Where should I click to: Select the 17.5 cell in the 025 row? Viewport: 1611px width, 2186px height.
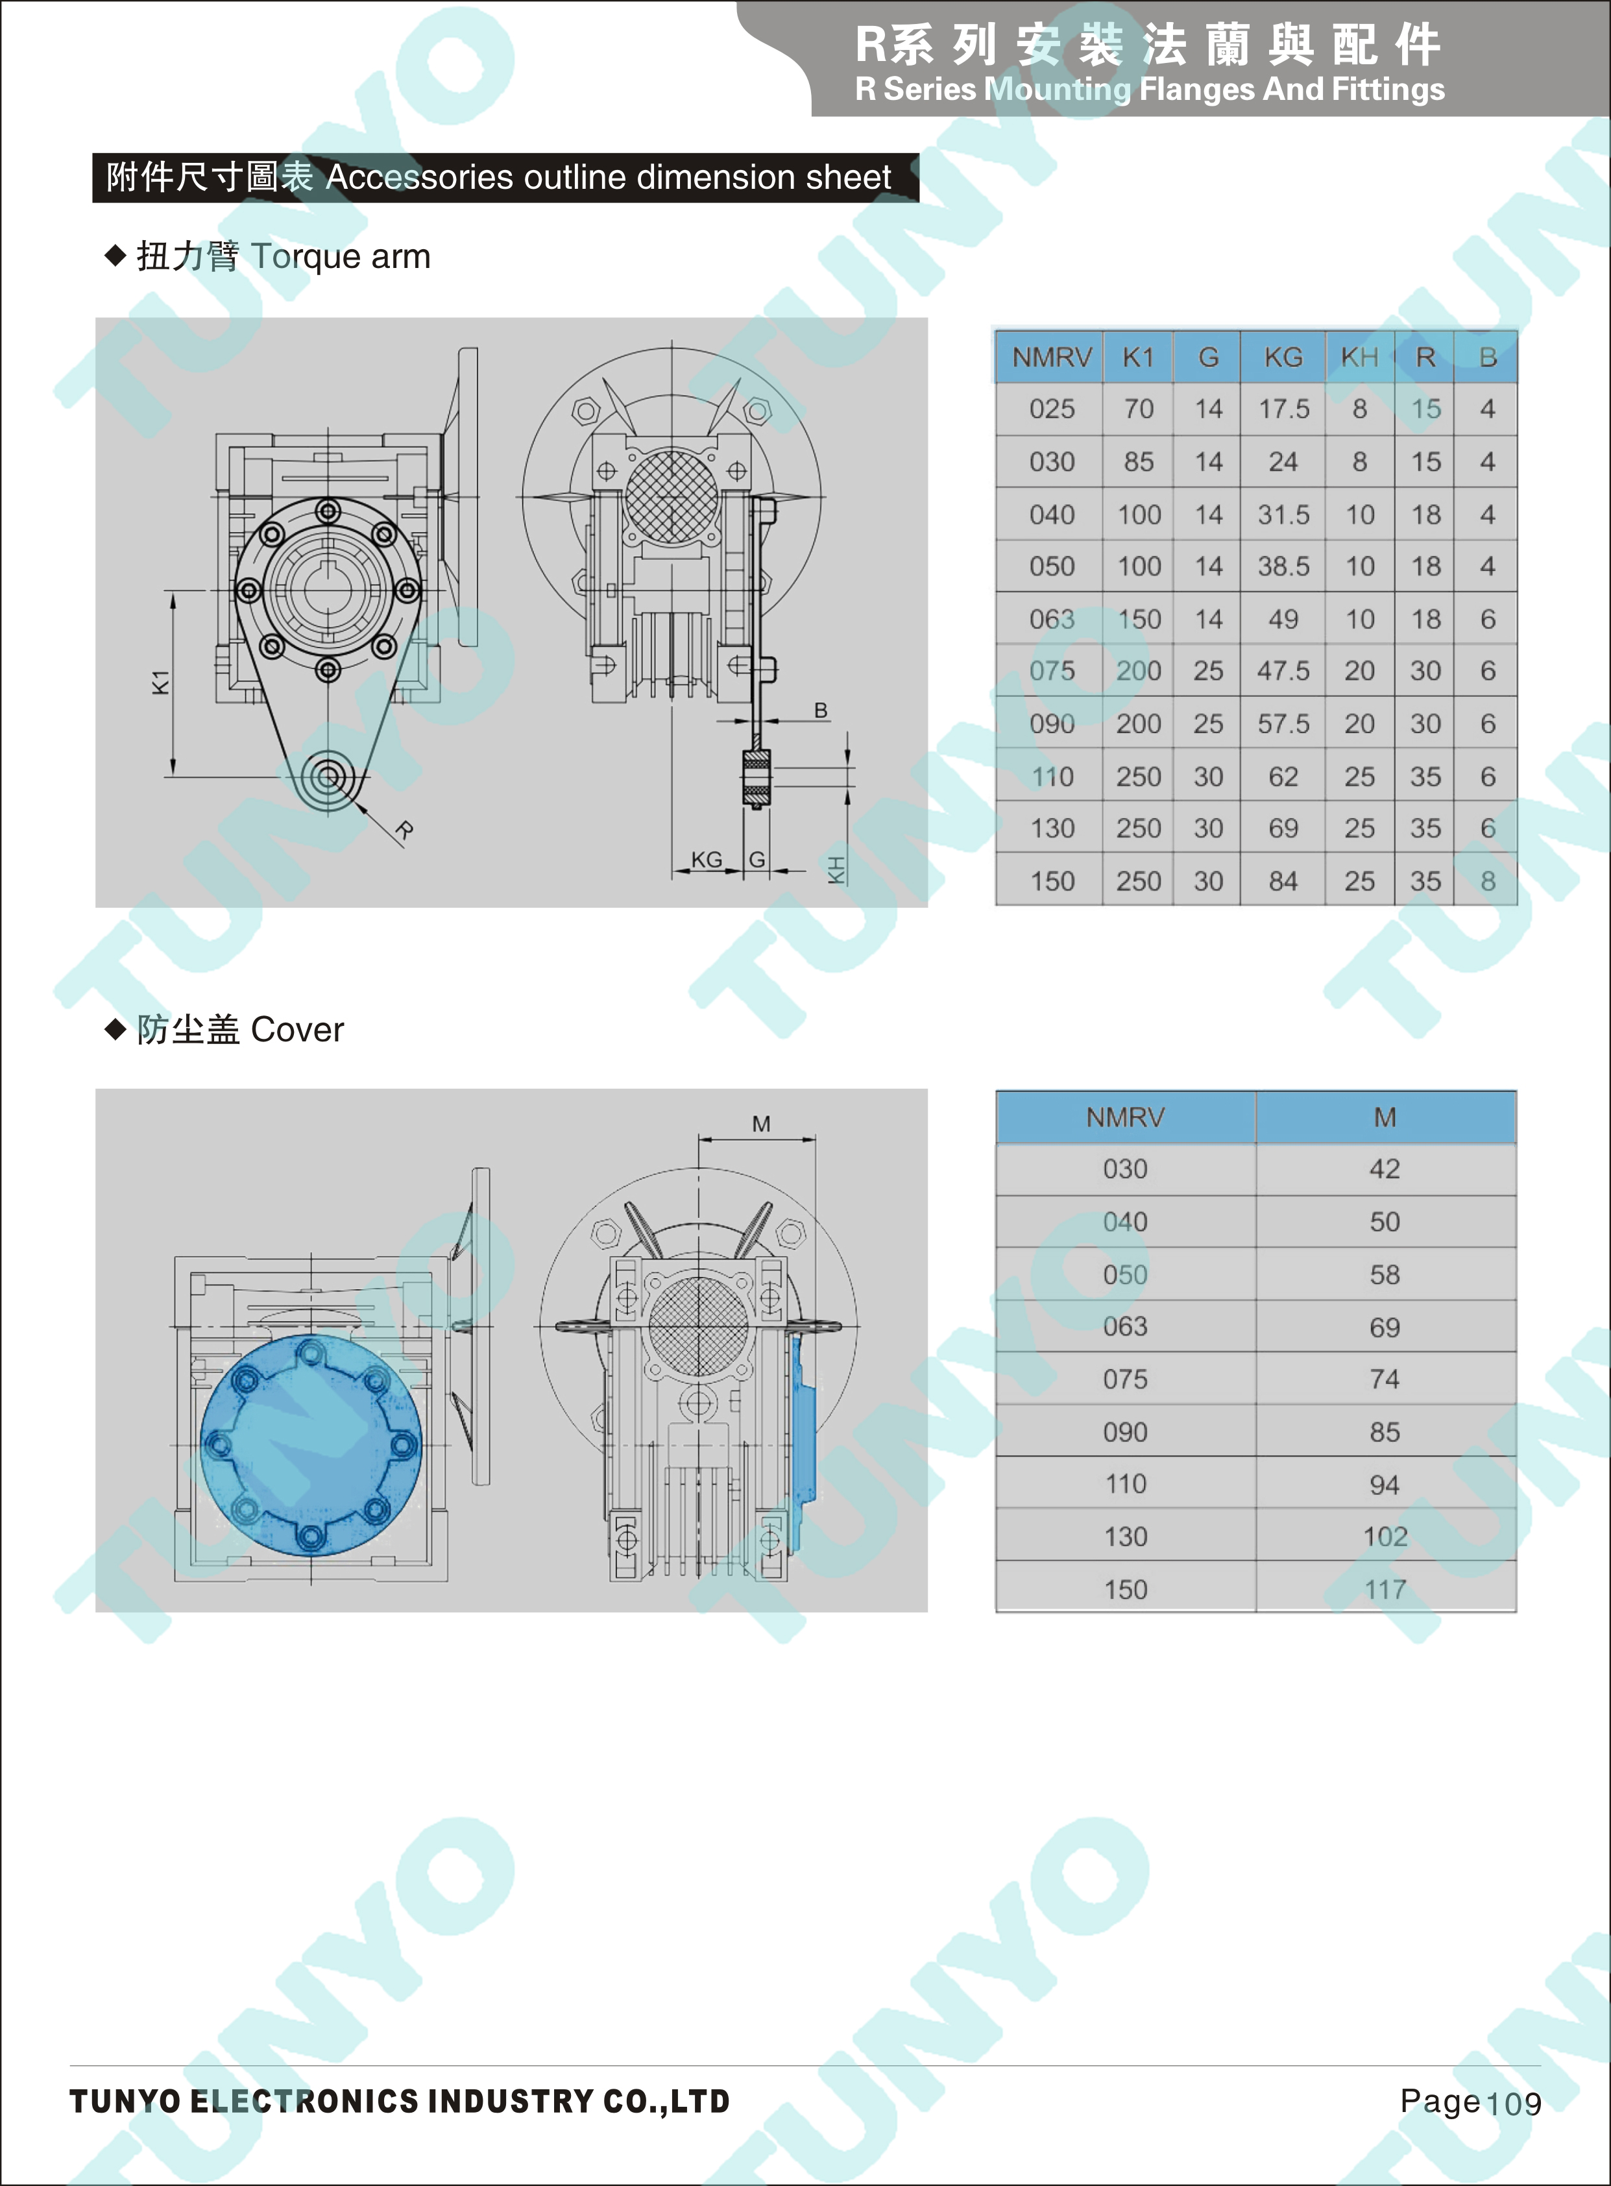click(1283, 409)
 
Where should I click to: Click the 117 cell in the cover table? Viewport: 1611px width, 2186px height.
click(1385, 1589)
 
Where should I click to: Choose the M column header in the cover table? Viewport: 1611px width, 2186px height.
click(1385, 1117)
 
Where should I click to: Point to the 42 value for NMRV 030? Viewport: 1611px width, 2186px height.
click(1385, 1169)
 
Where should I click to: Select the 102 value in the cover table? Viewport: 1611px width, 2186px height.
click(1385, 1536)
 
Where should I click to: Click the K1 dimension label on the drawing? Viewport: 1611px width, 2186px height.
click(161, 683)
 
